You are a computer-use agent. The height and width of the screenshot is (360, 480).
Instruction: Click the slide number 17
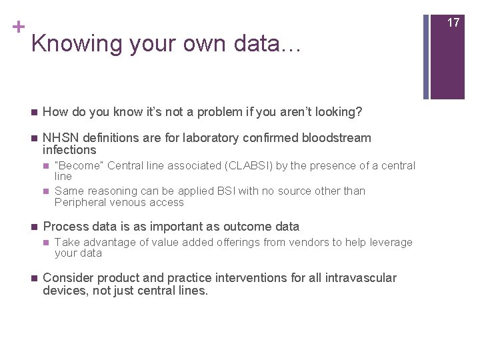453,23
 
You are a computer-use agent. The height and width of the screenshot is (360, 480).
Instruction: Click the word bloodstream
337,138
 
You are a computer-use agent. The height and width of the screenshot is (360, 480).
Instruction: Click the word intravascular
361,277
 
